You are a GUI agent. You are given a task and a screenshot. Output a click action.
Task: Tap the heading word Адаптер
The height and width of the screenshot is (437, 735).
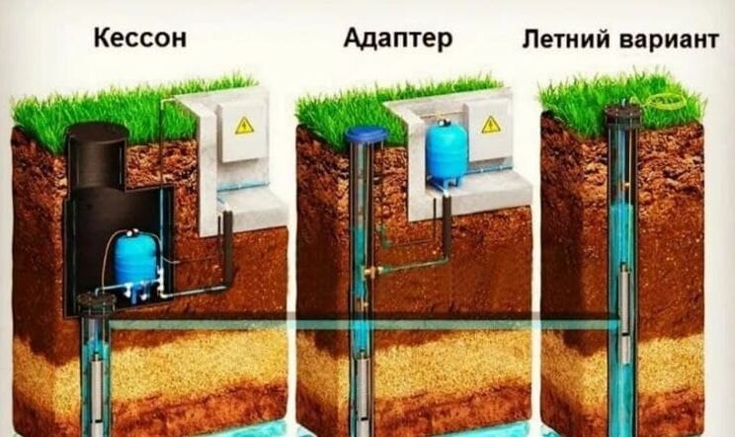398,39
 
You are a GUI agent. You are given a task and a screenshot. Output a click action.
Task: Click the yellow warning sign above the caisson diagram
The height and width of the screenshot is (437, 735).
243,126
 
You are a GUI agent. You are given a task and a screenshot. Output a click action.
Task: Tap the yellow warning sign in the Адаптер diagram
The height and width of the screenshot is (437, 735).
491,125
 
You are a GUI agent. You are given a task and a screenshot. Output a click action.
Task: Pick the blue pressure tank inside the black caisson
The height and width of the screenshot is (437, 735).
135,260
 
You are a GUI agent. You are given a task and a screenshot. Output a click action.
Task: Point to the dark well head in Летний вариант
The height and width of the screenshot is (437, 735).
622,112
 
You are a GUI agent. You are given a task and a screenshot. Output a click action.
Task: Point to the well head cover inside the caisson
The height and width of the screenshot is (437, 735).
96,303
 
